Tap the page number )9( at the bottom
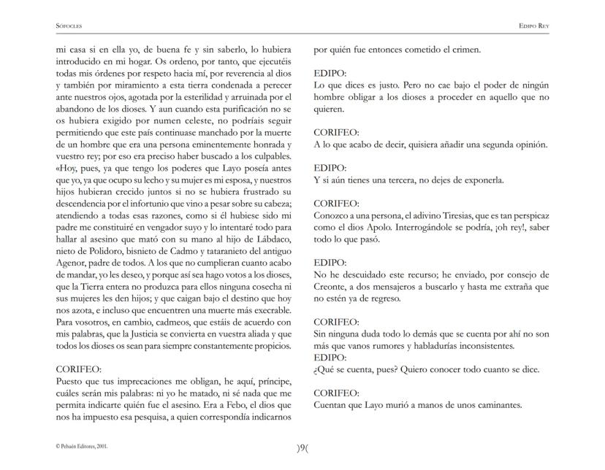click(302, 449)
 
